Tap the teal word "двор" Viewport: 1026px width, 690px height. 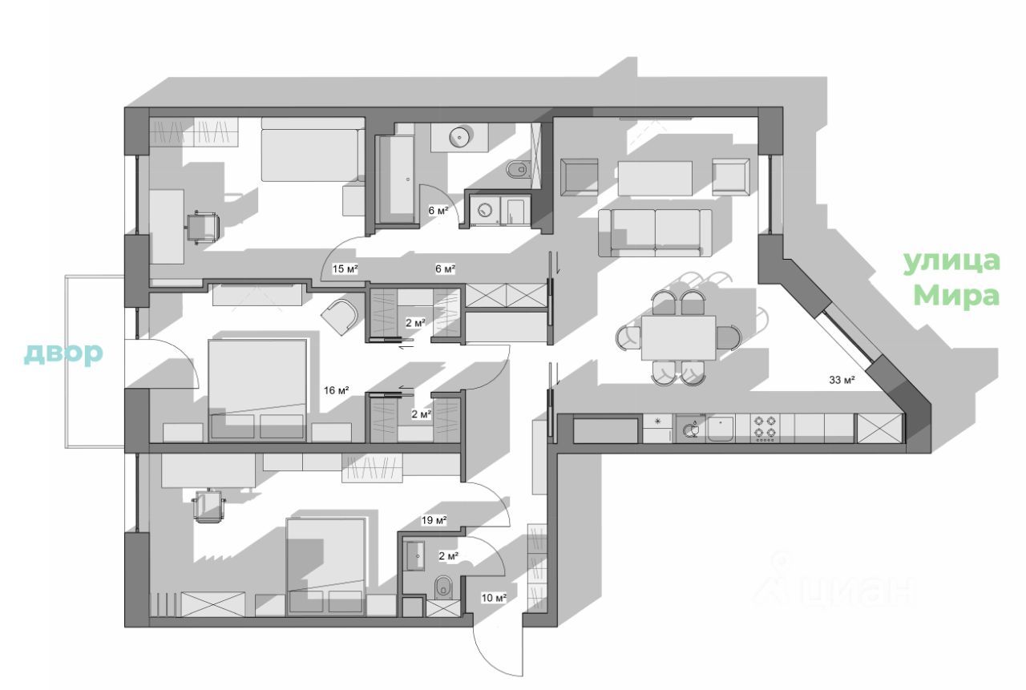pos(63,353)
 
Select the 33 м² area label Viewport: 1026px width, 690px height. pos(842,380)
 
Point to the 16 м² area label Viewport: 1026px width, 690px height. pos(337,390)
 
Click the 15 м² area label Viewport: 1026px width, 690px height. pos(345,268)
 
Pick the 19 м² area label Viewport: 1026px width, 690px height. pos(434,520)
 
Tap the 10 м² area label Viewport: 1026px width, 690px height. pos(494,597)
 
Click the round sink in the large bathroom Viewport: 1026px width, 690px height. pos(459,138)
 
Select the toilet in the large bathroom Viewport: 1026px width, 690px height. pos(517,170)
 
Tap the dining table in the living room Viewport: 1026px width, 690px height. pos(677,337)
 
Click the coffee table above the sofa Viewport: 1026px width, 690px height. pos(654,177)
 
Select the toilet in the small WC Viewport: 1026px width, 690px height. pos(442,589)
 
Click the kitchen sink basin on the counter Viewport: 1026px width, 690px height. pos(721,429)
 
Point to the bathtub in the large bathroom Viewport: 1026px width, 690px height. pos(397,177)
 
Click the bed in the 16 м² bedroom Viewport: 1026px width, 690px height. pos(257,389)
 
